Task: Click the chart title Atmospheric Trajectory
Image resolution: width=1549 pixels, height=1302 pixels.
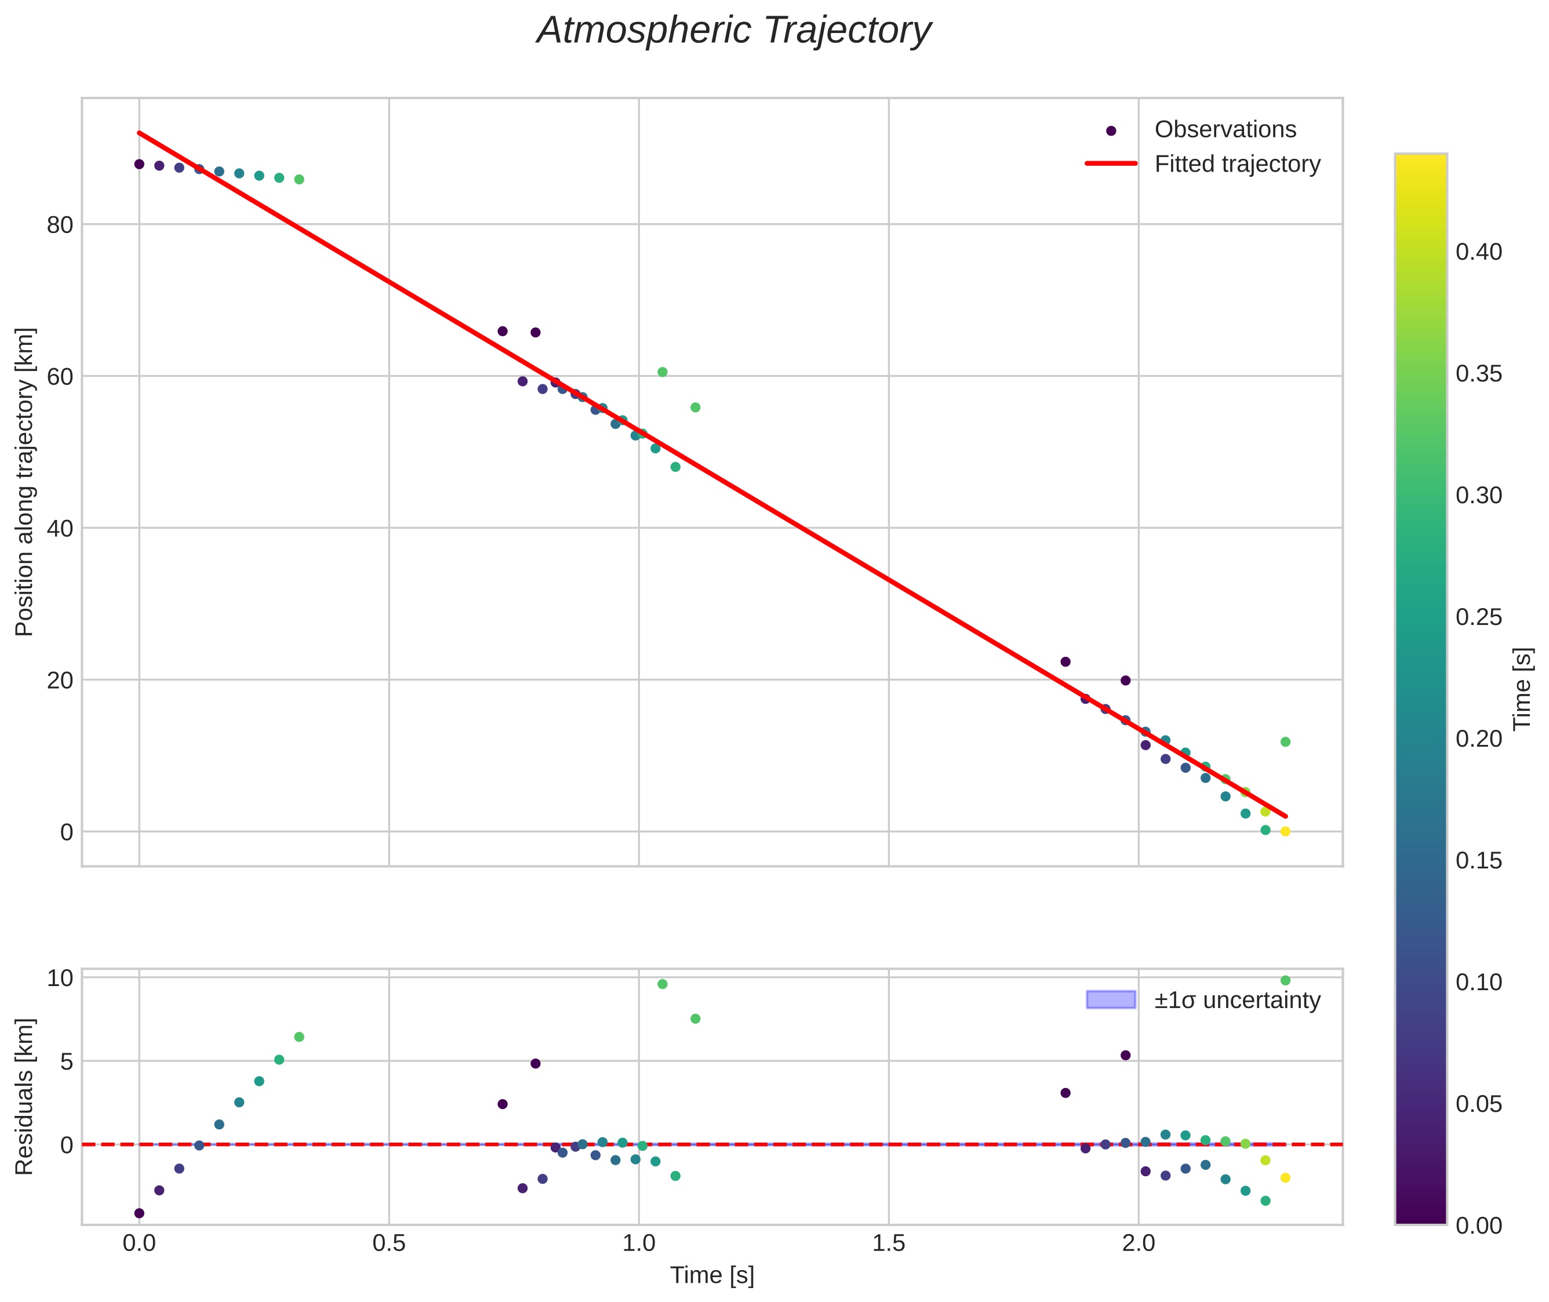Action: pyautogui.click(x=733, y=31)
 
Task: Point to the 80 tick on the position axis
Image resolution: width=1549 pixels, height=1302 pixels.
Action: pyautogui.click(x=60, y=225)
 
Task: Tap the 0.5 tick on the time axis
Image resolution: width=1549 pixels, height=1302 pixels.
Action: pyautogui.click(x=389, y=1243)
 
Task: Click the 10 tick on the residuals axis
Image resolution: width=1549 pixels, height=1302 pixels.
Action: pyautogui.click(x=60, y=979)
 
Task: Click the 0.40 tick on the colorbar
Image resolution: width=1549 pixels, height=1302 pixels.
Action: pyautogui.click(x=1478, y=252)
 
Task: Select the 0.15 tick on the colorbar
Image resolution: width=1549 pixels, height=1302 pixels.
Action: pyautogui.click(x=1478, y=861)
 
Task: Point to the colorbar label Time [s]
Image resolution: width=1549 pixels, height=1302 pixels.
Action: pyautogui.click(x=1523, y=689)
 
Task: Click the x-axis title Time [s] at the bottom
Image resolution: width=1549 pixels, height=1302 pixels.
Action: pyautogui.click(x=711, y=1275)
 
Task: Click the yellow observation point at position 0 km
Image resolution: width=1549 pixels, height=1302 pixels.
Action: pyautogui.click(x=1285, y=832)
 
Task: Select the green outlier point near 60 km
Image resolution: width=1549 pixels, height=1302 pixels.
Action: pyautogui.click(x=662, y=372)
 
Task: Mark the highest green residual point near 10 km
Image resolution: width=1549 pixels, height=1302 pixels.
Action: pyautogui.click(x=1285, y=980)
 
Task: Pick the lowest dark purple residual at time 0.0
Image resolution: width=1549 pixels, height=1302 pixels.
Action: pyautogui.click(x=139, y=1213)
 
